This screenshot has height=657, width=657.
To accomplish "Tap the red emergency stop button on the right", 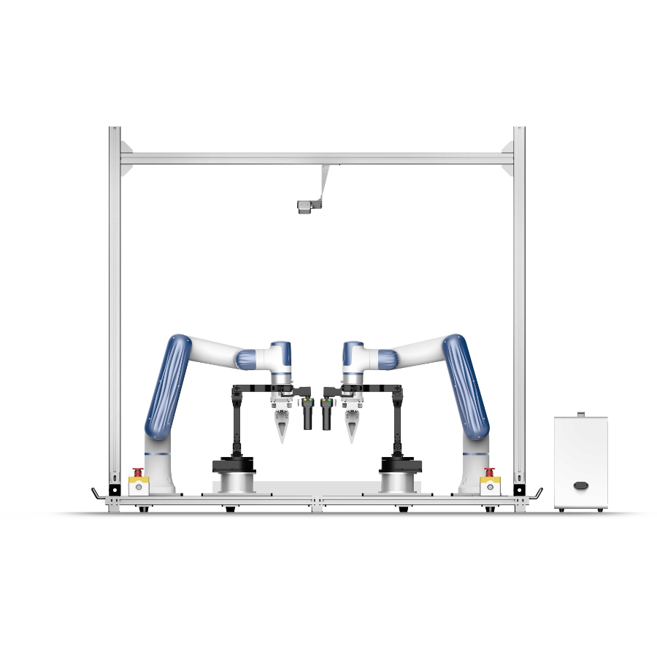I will (490, 472).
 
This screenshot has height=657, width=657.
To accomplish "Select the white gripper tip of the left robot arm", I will (280, 428).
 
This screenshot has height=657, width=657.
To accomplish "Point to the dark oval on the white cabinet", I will (581, 485).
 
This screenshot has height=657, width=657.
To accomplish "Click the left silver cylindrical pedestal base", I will (233, 482).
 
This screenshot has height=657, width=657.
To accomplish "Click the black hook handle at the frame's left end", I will (96, 494).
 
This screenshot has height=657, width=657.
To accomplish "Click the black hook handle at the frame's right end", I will (537, 494).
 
